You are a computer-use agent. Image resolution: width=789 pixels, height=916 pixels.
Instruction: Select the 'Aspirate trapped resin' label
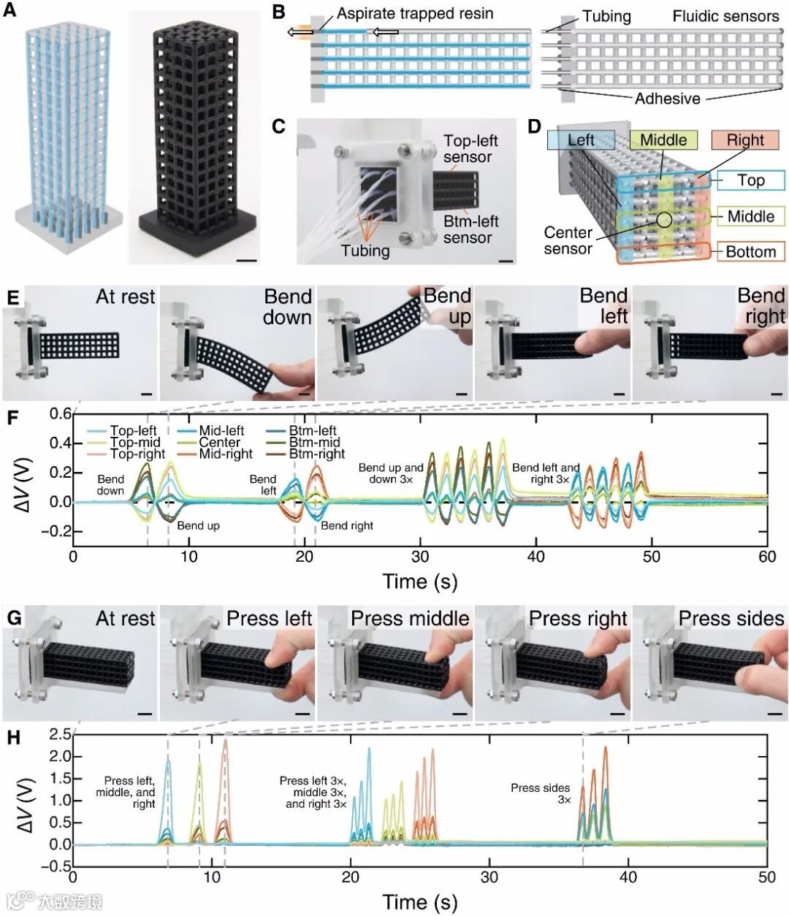pos(415,13)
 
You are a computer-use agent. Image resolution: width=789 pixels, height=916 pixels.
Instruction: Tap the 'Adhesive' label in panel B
pos(667,99)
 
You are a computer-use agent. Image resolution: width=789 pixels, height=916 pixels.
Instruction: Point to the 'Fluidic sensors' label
pos(725,16)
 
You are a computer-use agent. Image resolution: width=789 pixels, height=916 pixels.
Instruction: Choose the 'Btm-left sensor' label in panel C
pos(470,229)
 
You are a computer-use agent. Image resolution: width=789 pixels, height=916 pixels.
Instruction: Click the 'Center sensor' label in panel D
pos(568,240)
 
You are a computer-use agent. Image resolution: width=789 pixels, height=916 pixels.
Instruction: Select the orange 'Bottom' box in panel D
pos(750,251)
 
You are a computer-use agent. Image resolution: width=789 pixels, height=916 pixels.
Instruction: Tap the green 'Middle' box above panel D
pos(663,140)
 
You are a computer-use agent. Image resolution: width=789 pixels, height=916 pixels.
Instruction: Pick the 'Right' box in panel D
pos(745,140)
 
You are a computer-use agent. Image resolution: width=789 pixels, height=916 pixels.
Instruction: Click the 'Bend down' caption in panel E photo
pos(287,307)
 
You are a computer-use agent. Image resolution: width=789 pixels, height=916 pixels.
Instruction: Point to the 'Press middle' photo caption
pos(409,619)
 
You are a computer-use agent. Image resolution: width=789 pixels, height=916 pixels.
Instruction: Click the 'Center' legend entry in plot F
pos(219,442)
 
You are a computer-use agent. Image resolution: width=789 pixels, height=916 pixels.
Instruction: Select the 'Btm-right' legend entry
pos(316,454)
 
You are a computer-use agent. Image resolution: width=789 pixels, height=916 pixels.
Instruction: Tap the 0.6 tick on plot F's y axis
pos(61,414)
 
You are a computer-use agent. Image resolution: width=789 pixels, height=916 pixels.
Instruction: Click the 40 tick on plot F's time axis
pos(535,556)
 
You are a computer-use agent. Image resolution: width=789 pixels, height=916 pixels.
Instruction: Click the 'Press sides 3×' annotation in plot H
pos(540,794)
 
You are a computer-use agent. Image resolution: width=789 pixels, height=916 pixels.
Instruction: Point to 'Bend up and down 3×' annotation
pos(391,473)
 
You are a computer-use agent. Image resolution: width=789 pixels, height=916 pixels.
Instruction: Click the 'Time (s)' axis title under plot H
pos(420,901)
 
